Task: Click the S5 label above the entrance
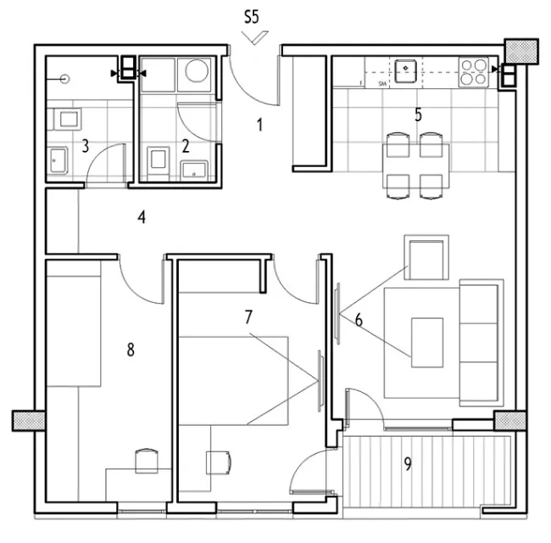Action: [x=252, y=17]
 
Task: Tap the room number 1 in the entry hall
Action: [x=259, y=125]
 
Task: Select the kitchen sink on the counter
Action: [x=405, y=71]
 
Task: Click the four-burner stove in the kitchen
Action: [x=473, y=72]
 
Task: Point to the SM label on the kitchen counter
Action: [x=382, y=84]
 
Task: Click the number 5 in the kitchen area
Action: [x=418, y=115]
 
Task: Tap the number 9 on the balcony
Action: [x=408, y=464]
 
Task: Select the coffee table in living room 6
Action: [x=427, y=343]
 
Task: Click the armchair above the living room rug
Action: [x=426, y=257]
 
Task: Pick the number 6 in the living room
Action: [x=359, y=320]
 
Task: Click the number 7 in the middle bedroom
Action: [x=248, y=316]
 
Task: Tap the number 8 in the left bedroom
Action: [x=131, y=350]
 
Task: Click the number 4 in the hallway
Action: [x=142, y=217]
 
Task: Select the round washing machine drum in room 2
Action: [x=197, y=70]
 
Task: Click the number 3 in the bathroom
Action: [x=85, y=146]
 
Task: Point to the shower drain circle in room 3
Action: [x=64, y=79]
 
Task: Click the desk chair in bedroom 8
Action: [x=147, y=461]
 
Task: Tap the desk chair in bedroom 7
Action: [x=219, y=462]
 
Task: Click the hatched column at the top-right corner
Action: [x=521, y=52]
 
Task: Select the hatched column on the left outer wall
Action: [x=29, y=421]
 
